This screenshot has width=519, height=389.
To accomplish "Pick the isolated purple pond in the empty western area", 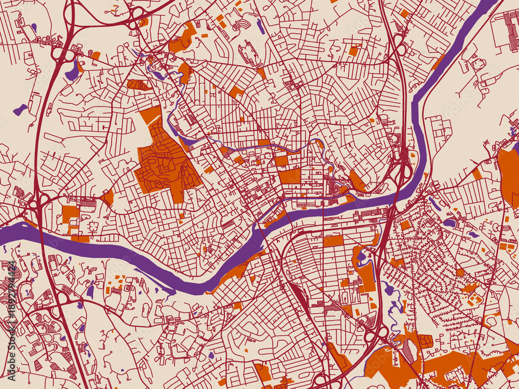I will click(20, 109).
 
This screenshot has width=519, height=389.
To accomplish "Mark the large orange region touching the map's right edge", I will click(508, 176).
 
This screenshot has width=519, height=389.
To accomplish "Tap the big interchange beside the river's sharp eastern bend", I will click(400, 166).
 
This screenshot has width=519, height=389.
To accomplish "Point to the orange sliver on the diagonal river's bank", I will click(439, 62).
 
